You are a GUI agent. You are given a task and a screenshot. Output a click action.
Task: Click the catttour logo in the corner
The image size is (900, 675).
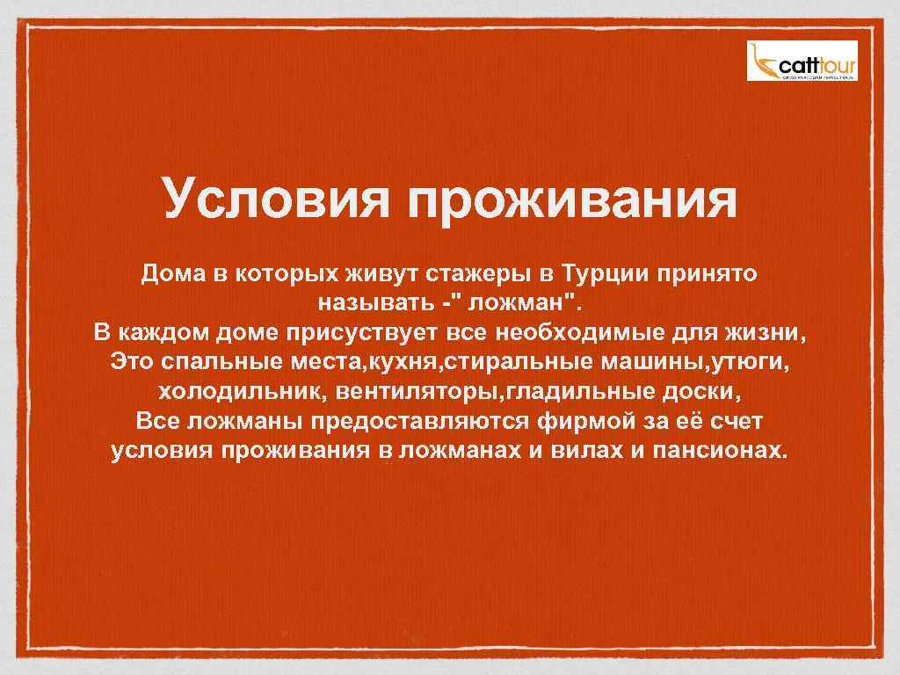(x=802, y=61)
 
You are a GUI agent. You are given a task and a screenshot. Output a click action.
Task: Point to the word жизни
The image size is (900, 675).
(x=768, y=335)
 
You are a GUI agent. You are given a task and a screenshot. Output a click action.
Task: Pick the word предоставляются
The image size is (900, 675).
(x=416, y=422)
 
